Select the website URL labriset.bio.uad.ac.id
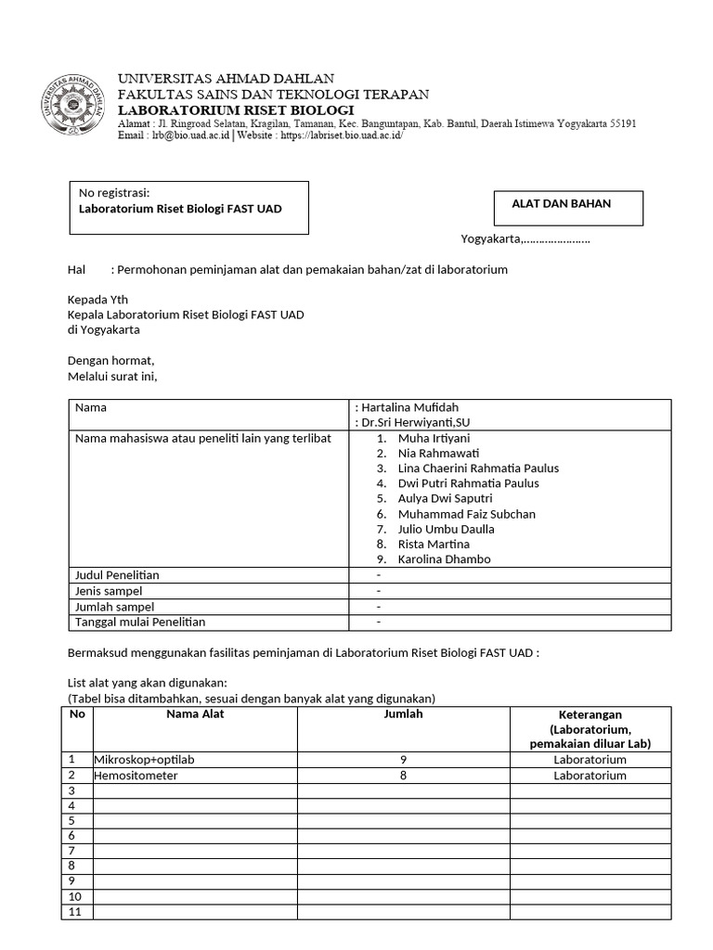(341, 135)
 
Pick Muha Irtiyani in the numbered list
(434, 438)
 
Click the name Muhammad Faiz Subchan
(466, 514)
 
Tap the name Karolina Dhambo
(444, 559)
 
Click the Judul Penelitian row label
(117, 575)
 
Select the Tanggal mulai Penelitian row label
(140, 622)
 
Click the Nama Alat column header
(195, 714)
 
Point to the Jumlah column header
(403, 714)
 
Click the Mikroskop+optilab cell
(144, 760)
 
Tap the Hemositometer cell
(136, 776)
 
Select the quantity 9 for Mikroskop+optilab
(403, 760)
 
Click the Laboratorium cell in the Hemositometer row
(590, 776)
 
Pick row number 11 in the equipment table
(76, 912)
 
